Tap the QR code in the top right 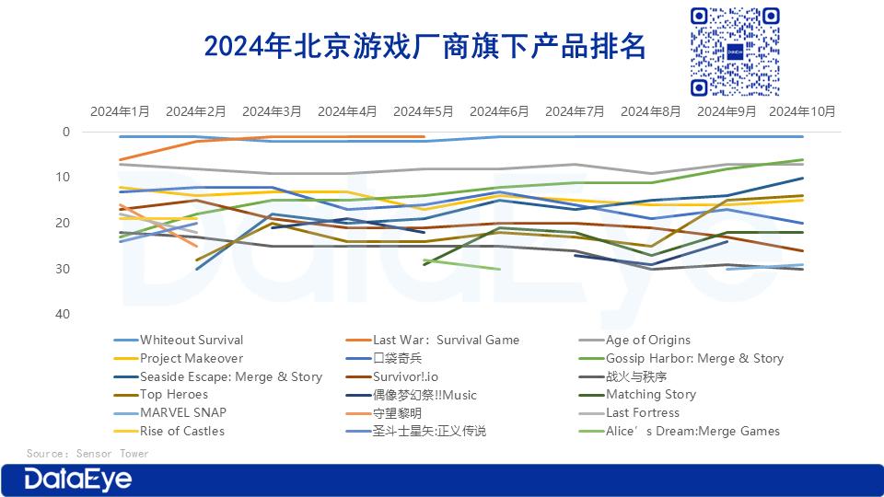[735, 51]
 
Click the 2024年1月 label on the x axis [120, 111]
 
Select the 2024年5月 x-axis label [424, 111]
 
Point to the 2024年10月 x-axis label [802, 111]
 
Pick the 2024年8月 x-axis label [651, 111]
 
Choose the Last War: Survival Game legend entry [446, 340]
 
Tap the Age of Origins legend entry [647, 340]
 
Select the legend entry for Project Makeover [191, 358]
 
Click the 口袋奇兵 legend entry [397, 358]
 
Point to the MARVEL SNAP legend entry [182, 412]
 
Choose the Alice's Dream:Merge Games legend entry [692, 431]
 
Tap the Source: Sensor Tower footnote [87, 454]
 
